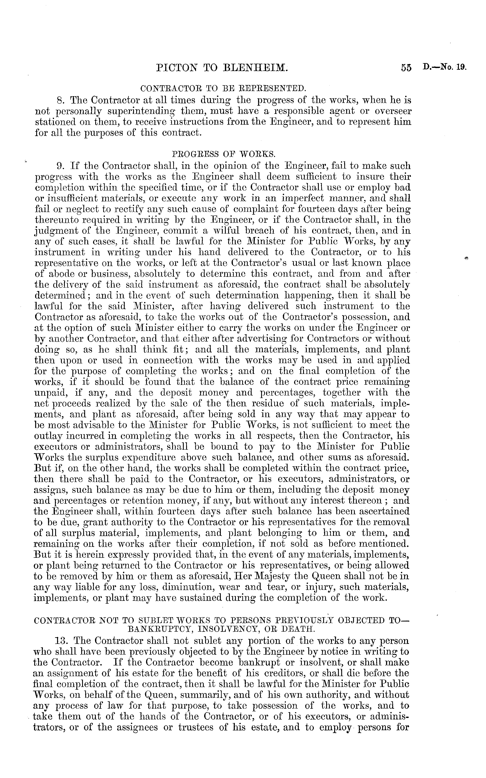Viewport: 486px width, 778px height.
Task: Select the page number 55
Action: [x=406, y=68]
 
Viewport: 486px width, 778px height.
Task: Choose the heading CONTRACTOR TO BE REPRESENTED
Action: [x=223, y=88]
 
